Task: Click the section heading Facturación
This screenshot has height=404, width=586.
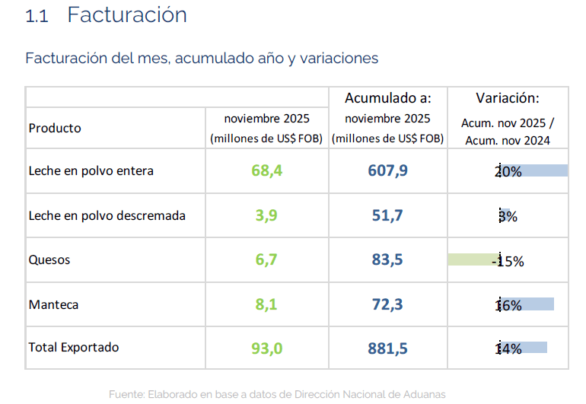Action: (127, 15)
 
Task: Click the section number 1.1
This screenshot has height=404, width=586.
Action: (37, 17)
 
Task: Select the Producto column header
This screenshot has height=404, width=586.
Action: (55, 128)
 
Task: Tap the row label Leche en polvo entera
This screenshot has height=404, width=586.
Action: (91, 171)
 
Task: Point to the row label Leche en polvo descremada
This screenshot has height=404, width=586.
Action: (107, 215)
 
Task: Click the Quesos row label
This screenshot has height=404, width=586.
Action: (49, 260)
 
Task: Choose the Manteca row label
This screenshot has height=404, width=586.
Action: (53, 304)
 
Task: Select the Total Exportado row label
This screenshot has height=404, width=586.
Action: (74, 348)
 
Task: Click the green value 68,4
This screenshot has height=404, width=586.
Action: (267, 171)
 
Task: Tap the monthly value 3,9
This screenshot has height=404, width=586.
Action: (267, 215)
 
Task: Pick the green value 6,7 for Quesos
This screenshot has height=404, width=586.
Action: (267, 260)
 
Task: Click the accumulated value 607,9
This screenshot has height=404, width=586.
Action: (388, 171)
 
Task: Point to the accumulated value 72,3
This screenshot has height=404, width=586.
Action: (388, 304)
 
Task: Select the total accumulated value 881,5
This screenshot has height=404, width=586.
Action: (388, 348)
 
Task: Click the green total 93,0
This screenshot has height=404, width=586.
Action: (267, 348)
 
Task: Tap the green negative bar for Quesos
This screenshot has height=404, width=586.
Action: (473, 259)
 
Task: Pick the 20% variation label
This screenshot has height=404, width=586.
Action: (508, 172)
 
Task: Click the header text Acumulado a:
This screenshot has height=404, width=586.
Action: (388, 98)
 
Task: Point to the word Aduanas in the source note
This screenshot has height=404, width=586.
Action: (423, 394)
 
